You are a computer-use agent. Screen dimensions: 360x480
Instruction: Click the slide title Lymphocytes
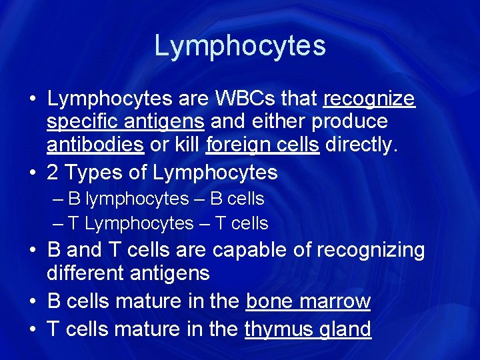coord(240,46)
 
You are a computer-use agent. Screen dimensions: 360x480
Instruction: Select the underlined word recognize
coord(369,99)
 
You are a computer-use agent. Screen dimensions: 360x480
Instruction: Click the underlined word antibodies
coord(95,145)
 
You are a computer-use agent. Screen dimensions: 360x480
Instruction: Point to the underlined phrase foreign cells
coord(263,145)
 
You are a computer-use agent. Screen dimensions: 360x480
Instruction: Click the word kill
coord(187,145)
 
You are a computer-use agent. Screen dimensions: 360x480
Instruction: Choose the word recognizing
coord(370,251)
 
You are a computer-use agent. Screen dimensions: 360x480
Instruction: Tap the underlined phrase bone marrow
coord(308,301)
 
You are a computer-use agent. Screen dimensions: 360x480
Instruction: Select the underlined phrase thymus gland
coord(307,329)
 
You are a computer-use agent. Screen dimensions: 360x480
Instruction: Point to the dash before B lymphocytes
coord(59,199)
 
